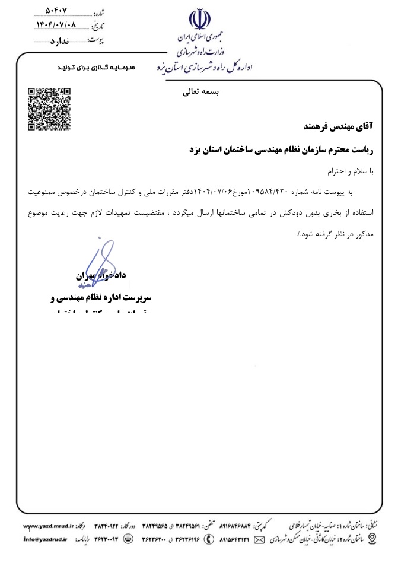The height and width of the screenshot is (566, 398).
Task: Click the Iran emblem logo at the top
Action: tap(199, 20)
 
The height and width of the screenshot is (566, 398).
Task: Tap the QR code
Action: tap(50, 109)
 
